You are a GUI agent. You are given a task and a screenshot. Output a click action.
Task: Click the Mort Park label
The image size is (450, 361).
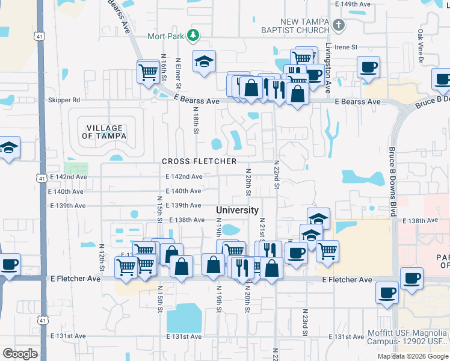[165, 36]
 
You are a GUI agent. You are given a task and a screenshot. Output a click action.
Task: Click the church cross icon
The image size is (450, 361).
[339, 25]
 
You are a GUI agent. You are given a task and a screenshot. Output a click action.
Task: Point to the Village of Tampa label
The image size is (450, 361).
[105, 132]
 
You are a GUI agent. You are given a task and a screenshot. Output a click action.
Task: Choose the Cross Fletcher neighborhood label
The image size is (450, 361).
[199, 161]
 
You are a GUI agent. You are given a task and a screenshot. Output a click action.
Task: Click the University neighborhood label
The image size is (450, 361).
[237, 210]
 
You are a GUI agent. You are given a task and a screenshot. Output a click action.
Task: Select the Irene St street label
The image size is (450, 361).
[346, 47]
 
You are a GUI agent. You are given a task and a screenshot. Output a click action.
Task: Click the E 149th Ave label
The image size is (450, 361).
[352, 4]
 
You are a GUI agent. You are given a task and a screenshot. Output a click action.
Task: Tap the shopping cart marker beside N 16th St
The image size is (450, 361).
[147, 72]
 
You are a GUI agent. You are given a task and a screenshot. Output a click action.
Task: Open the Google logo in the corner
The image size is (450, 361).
[20, 354]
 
